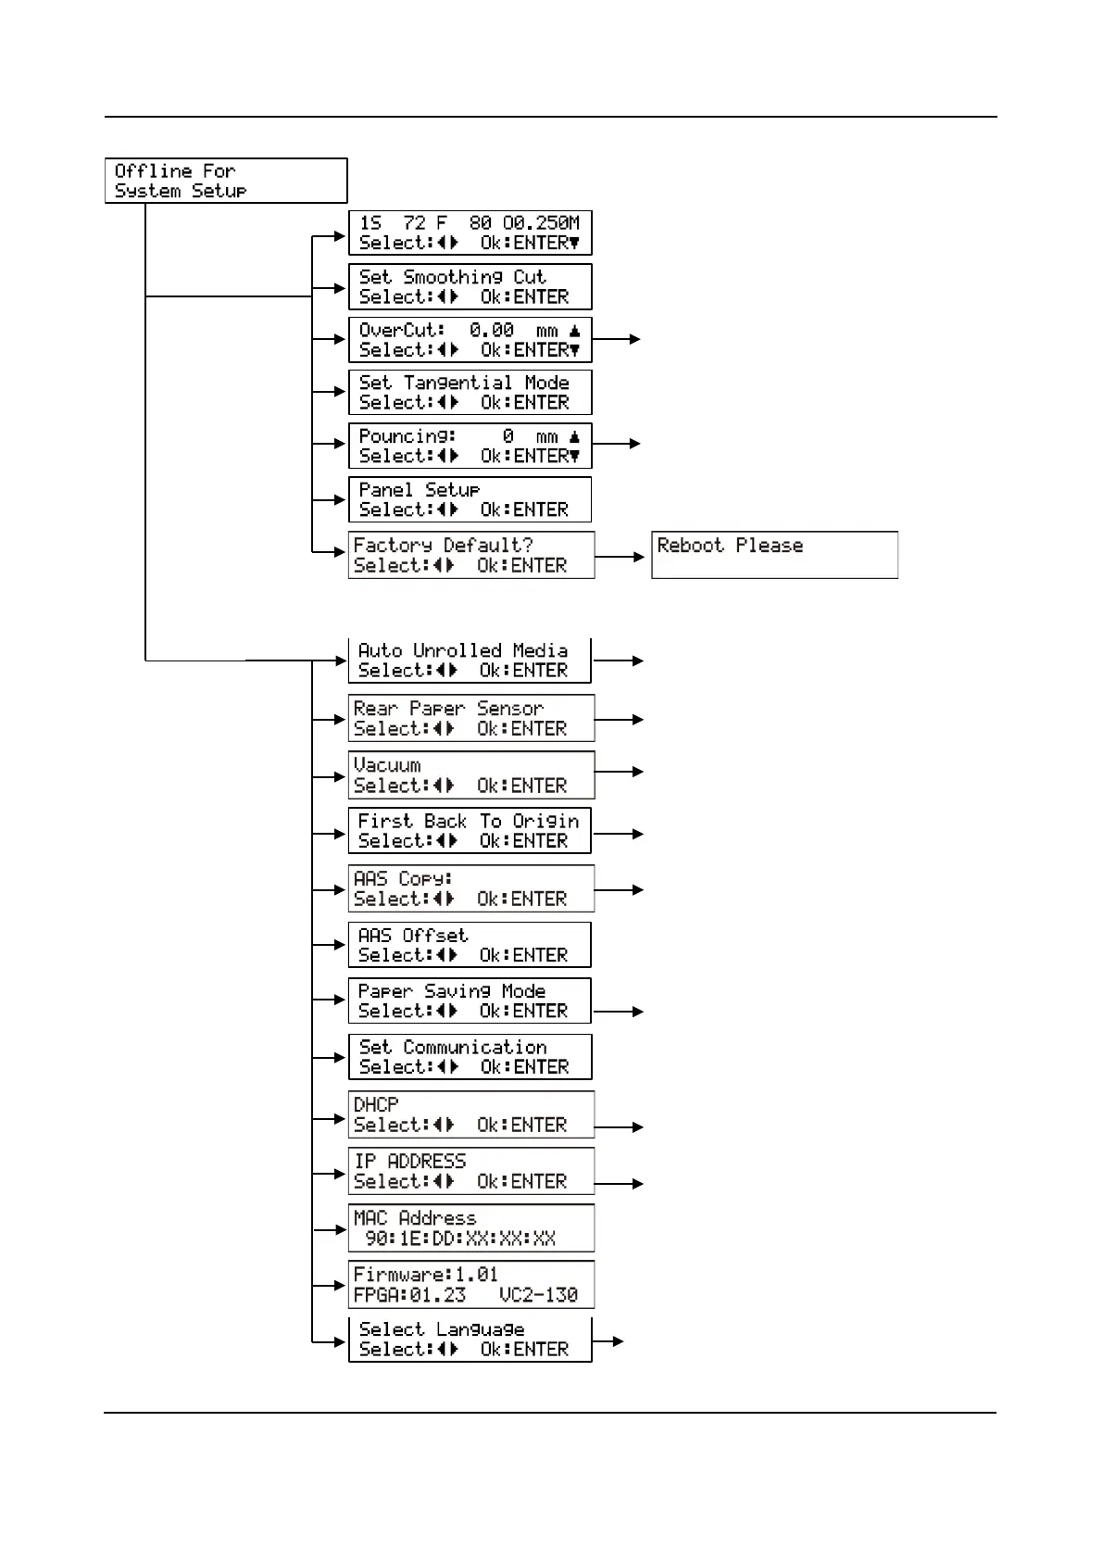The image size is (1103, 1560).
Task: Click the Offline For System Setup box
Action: (x=226, y=181)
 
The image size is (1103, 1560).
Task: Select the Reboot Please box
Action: (x=774, y=555)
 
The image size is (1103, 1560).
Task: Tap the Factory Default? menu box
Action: (x=470, y=555)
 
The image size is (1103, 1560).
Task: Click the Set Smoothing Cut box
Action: (x=470, y=286)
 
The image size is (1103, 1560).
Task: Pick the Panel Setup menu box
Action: (x=470, y=499)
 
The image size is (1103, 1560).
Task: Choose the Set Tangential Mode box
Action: (x=470, y=392)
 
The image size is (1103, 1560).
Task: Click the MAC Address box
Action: (x=470, y=1227)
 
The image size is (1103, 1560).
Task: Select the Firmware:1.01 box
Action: (x=470, y=1284)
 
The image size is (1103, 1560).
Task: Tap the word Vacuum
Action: (x=387, y=765)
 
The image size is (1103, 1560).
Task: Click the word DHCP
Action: (x=376, y=1104)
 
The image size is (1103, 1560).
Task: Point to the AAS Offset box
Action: (x=470, y=945)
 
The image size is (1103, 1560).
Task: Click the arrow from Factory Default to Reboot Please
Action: (x=620, y=557)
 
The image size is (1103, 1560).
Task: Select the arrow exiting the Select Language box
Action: (x=608, y=1340)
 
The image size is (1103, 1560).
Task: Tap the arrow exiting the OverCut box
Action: (x=616, y=339)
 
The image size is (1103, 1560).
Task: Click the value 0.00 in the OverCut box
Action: (x=491, y=330)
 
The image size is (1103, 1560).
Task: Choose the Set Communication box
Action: (x=470, y=1057)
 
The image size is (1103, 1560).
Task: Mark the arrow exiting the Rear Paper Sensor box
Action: (x=619, y=719)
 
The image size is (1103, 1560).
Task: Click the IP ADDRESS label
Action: (x=409, y=1161)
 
